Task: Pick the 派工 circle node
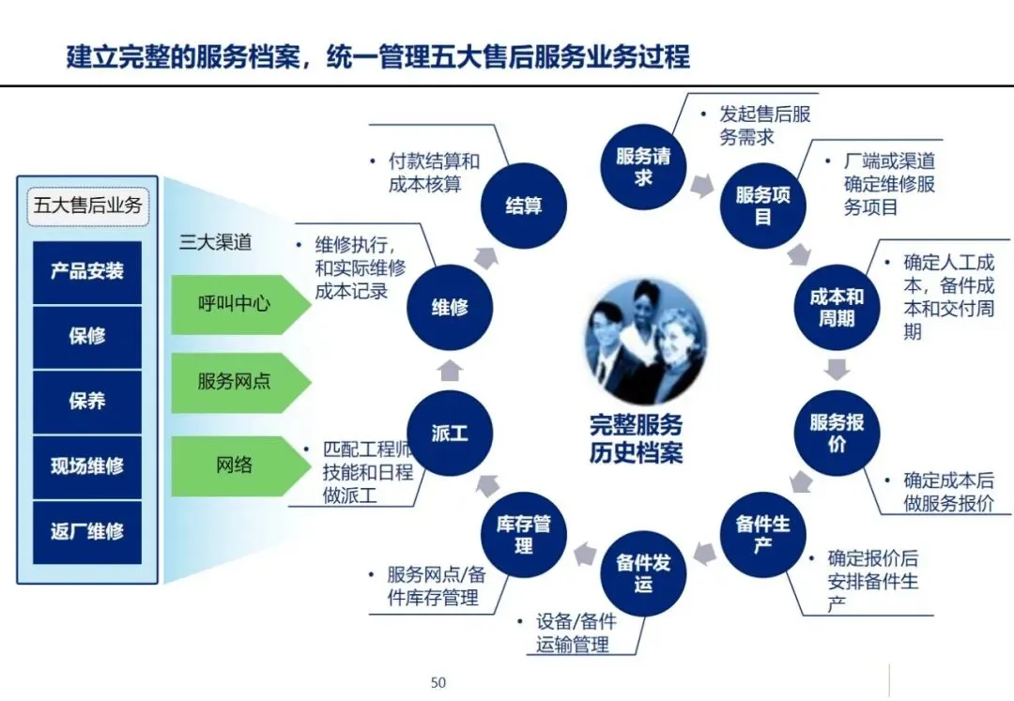(x=450, y=434)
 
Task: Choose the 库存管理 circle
(x=523, y=534)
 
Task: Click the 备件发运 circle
(x=643, y=573)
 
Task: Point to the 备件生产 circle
(x=762, y=534)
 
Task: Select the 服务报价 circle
(x=837, y=434)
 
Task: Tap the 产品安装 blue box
(x=87, y=272)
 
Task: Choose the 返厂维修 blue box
(x=87, y=531)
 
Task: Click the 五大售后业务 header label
(x=87, y=205)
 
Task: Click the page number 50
(x=438, y=682)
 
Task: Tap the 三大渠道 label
(x=216, y=241)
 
